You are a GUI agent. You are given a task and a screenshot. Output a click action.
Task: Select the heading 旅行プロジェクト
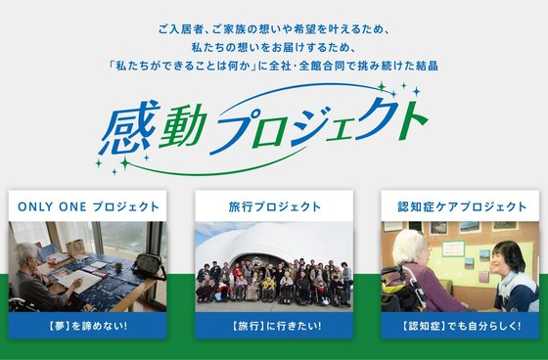[x=274, y=206]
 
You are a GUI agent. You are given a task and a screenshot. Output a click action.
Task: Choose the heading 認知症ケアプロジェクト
[x=463, y=206]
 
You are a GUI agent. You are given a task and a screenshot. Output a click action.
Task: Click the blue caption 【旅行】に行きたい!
[x=274, y=324]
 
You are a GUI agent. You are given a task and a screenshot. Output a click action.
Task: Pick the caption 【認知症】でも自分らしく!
[x=463, y=324]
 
